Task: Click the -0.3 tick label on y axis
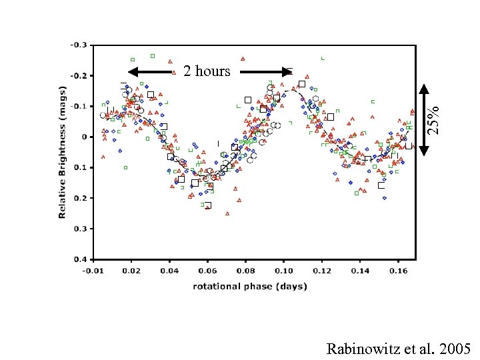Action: click(x=78, y=45)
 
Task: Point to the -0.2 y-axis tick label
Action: click(x=78, y=75)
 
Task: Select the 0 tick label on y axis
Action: click(x=84, y=137)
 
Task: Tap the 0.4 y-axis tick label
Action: click(x=79, y=259)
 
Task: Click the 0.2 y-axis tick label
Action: click(x=79, y=198)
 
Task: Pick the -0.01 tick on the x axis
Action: click(x=93, y=271)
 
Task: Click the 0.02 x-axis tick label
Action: click(x=131, y=271)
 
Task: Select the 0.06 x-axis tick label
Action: click(x=207, y=271)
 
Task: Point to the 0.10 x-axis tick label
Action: click(x=283, y=271)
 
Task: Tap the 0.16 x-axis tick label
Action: click(x=398, y=271)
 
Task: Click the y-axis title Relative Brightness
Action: click(x=63, y=151)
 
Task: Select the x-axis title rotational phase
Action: click(x=250, y=286)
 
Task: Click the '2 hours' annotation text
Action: click(x=207, y=71)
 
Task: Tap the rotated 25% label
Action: click(x=434, y=120)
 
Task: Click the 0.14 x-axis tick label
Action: click(x=360, y=271)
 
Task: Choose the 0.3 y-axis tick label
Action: click(x=79, y=229)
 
